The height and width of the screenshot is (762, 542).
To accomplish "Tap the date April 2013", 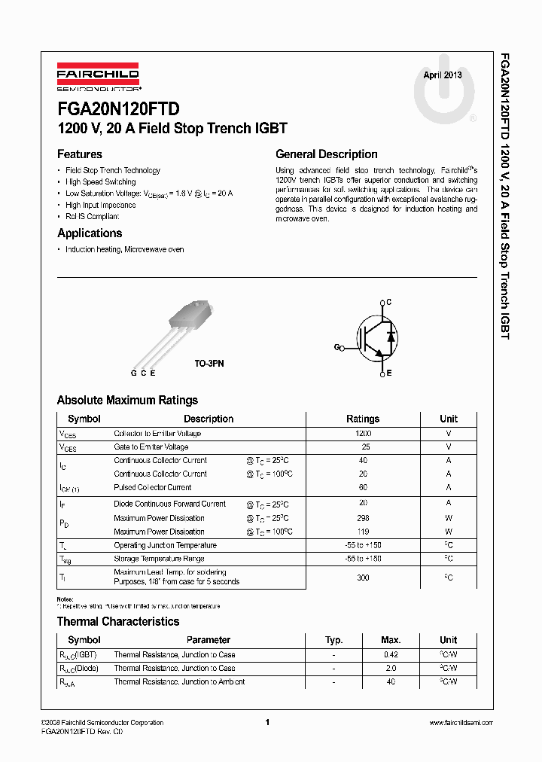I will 443,75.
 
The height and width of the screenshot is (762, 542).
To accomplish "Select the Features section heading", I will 80,154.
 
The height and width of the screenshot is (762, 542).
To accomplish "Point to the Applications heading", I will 90,233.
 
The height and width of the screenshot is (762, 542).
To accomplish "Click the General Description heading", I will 327,154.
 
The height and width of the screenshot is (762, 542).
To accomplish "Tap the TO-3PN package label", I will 209,363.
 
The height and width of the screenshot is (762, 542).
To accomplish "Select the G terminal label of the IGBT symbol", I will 336,347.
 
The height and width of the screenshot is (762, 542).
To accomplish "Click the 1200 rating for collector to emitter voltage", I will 363,434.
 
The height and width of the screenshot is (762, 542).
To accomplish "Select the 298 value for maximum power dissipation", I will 363,518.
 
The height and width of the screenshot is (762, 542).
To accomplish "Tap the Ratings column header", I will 363,419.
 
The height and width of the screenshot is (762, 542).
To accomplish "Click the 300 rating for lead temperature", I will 363,577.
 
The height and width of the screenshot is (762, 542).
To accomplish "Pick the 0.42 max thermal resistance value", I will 391,654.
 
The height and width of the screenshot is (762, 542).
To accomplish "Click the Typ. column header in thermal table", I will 333,639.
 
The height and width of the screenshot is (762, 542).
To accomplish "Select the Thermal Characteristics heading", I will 118,621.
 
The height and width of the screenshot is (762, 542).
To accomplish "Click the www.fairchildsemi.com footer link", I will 461,723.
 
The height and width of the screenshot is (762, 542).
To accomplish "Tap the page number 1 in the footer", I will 267,723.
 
